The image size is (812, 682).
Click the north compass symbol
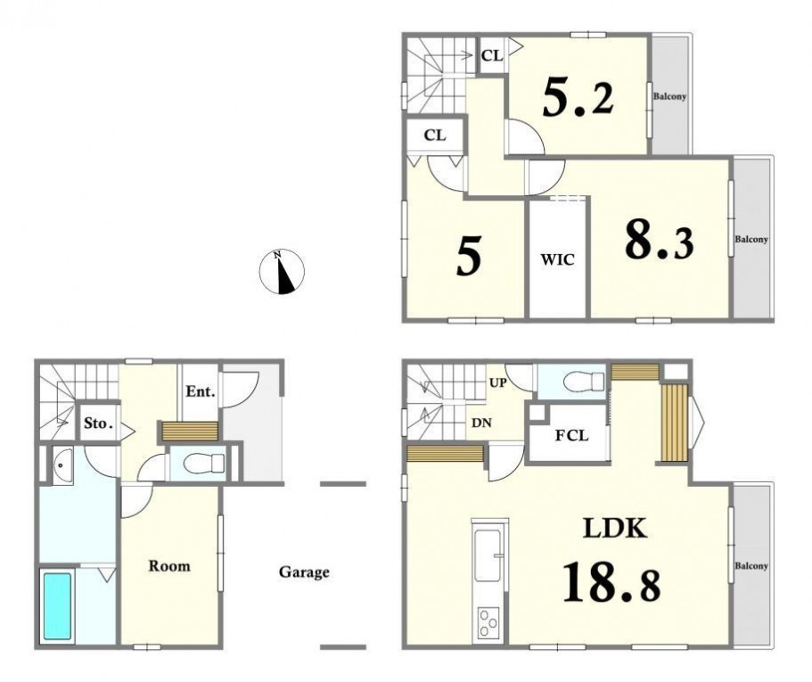coord(282,272)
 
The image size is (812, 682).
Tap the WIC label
coord(558,259)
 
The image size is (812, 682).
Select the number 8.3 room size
coord(659,240)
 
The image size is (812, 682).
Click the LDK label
coord(615,528)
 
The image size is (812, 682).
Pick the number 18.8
coord(611,582)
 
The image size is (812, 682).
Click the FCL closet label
coord(571,436)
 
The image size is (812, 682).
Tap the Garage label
coord(304,572)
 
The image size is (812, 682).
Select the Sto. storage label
coord(98,423)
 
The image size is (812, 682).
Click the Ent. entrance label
coord(201,391)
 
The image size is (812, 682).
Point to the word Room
coord(169,566)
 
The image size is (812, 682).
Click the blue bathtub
coord(57,606)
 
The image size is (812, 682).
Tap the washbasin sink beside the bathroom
coord(62,465)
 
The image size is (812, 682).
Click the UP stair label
coord(497,383)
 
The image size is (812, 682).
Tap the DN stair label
coord(481,423)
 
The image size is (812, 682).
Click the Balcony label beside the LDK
coord(751,566)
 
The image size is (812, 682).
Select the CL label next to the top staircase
coord(492,55)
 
